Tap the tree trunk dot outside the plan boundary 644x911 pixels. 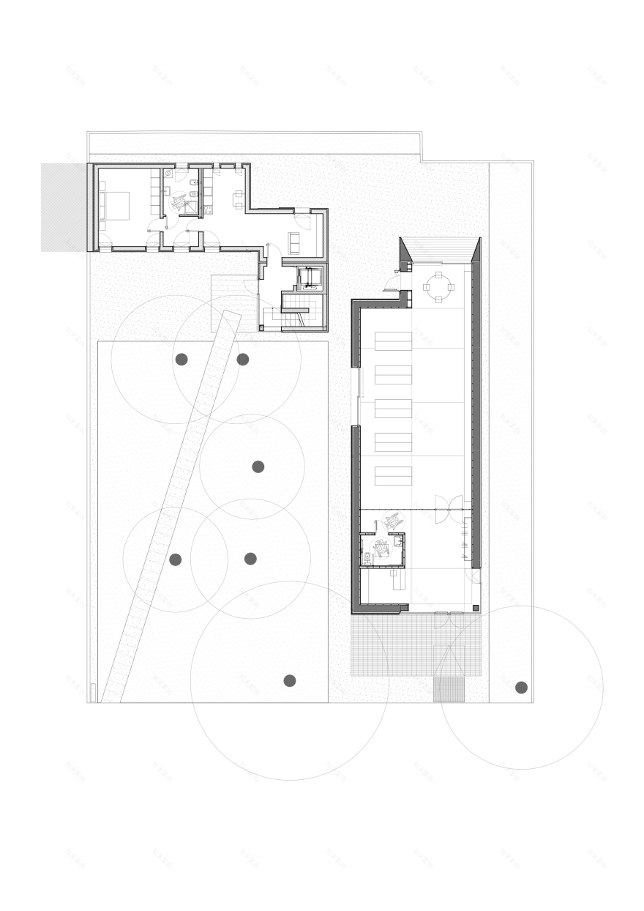point(521,687)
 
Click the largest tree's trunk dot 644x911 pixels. point(289,680)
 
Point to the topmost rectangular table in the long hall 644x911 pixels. point(394,341)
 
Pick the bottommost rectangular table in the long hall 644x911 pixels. point(394,476)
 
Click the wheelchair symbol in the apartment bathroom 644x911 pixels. point(179,203)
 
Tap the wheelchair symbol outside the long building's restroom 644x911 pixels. point(392,519)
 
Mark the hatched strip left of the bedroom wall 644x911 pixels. point(64,207)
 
